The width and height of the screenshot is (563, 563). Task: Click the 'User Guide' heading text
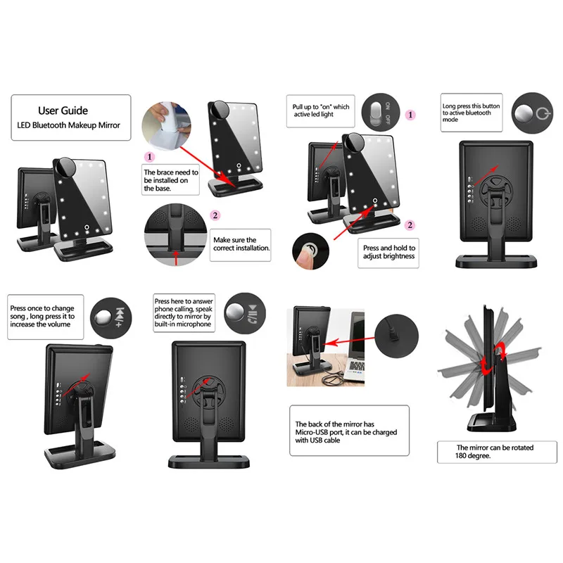pos(63,110)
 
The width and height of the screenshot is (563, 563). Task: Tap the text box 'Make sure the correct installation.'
pos(241,243)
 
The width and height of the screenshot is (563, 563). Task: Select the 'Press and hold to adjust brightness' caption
pos(388,252)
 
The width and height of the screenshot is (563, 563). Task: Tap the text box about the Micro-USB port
pos(348,429)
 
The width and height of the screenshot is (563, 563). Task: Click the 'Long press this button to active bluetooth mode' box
pos(472,113)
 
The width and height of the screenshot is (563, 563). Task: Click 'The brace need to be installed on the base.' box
pos(170,180)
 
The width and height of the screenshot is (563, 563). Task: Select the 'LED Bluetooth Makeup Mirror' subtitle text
pos(69,125)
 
